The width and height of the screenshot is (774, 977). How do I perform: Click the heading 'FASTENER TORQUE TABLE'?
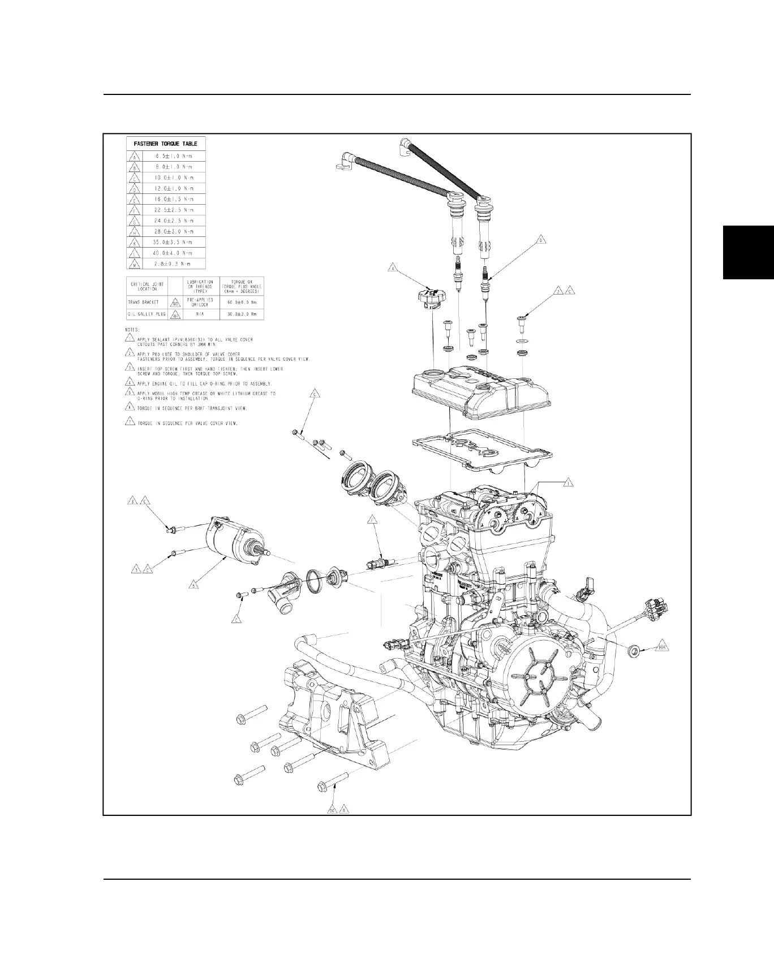pyautogui.click(x=165, y=144)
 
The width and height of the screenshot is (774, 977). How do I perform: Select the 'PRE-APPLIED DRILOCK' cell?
pyautogui.click(x=200, y=302)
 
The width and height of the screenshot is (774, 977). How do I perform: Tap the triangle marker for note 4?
pyautogui.click(x=129, y=383)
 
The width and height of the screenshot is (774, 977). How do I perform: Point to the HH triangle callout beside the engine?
pyautogui.click(x=662, y=648)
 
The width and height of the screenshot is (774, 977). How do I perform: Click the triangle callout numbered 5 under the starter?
pyautogui.click(x=193, y=586)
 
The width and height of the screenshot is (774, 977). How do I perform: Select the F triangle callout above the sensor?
pyautogui.click(x=372, y=520)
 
